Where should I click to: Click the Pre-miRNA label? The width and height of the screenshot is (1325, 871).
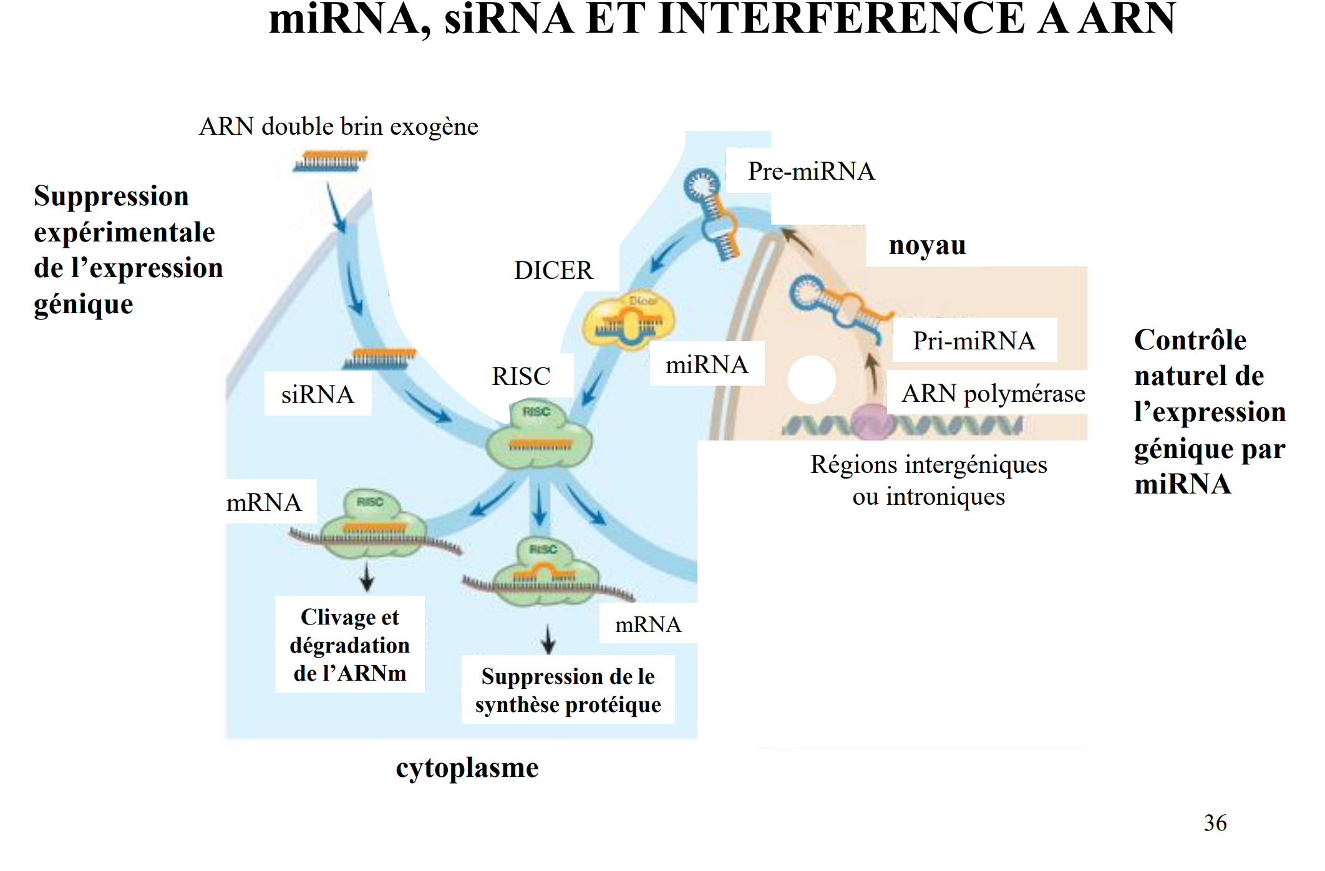(x=810, y=171)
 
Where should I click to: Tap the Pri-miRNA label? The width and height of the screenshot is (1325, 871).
(x=974, y=341)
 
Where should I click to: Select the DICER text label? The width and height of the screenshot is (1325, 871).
(x=553, y=270)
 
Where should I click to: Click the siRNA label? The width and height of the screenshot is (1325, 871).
(x=318, y=394)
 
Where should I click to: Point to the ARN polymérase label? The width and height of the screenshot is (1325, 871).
(x=993, y=393)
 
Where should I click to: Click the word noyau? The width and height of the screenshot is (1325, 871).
(x=927, y=245)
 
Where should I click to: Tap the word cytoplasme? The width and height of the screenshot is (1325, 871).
(x=467, y=767)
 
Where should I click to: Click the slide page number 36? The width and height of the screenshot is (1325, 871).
(x=1215, y=822)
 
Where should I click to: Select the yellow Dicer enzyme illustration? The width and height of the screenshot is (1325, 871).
(x=628, y=321)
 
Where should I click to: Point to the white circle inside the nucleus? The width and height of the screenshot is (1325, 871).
(x=812, y=379)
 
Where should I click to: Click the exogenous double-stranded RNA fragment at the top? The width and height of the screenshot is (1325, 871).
(x=329, y=161)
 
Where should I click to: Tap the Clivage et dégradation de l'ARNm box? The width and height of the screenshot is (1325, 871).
(x=349, y=645)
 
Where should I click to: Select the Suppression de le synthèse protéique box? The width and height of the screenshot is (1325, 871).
(x=568, y=690)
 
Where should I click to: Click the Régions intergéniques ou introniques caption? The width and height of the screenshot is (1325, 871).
(x=928, y=480)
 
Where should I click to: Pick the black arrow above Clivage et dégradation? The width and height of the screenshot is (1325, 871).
(x=367, y=577)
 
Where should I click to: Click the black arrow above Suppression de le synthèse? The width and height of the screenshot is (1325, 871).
(x=548, y=639)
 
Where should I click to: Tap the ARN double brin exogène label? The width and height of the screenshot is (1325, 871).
(x=338, y=127)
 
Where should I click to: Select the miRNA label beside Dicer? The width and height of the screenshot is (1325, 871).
(x=706, y=364)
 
